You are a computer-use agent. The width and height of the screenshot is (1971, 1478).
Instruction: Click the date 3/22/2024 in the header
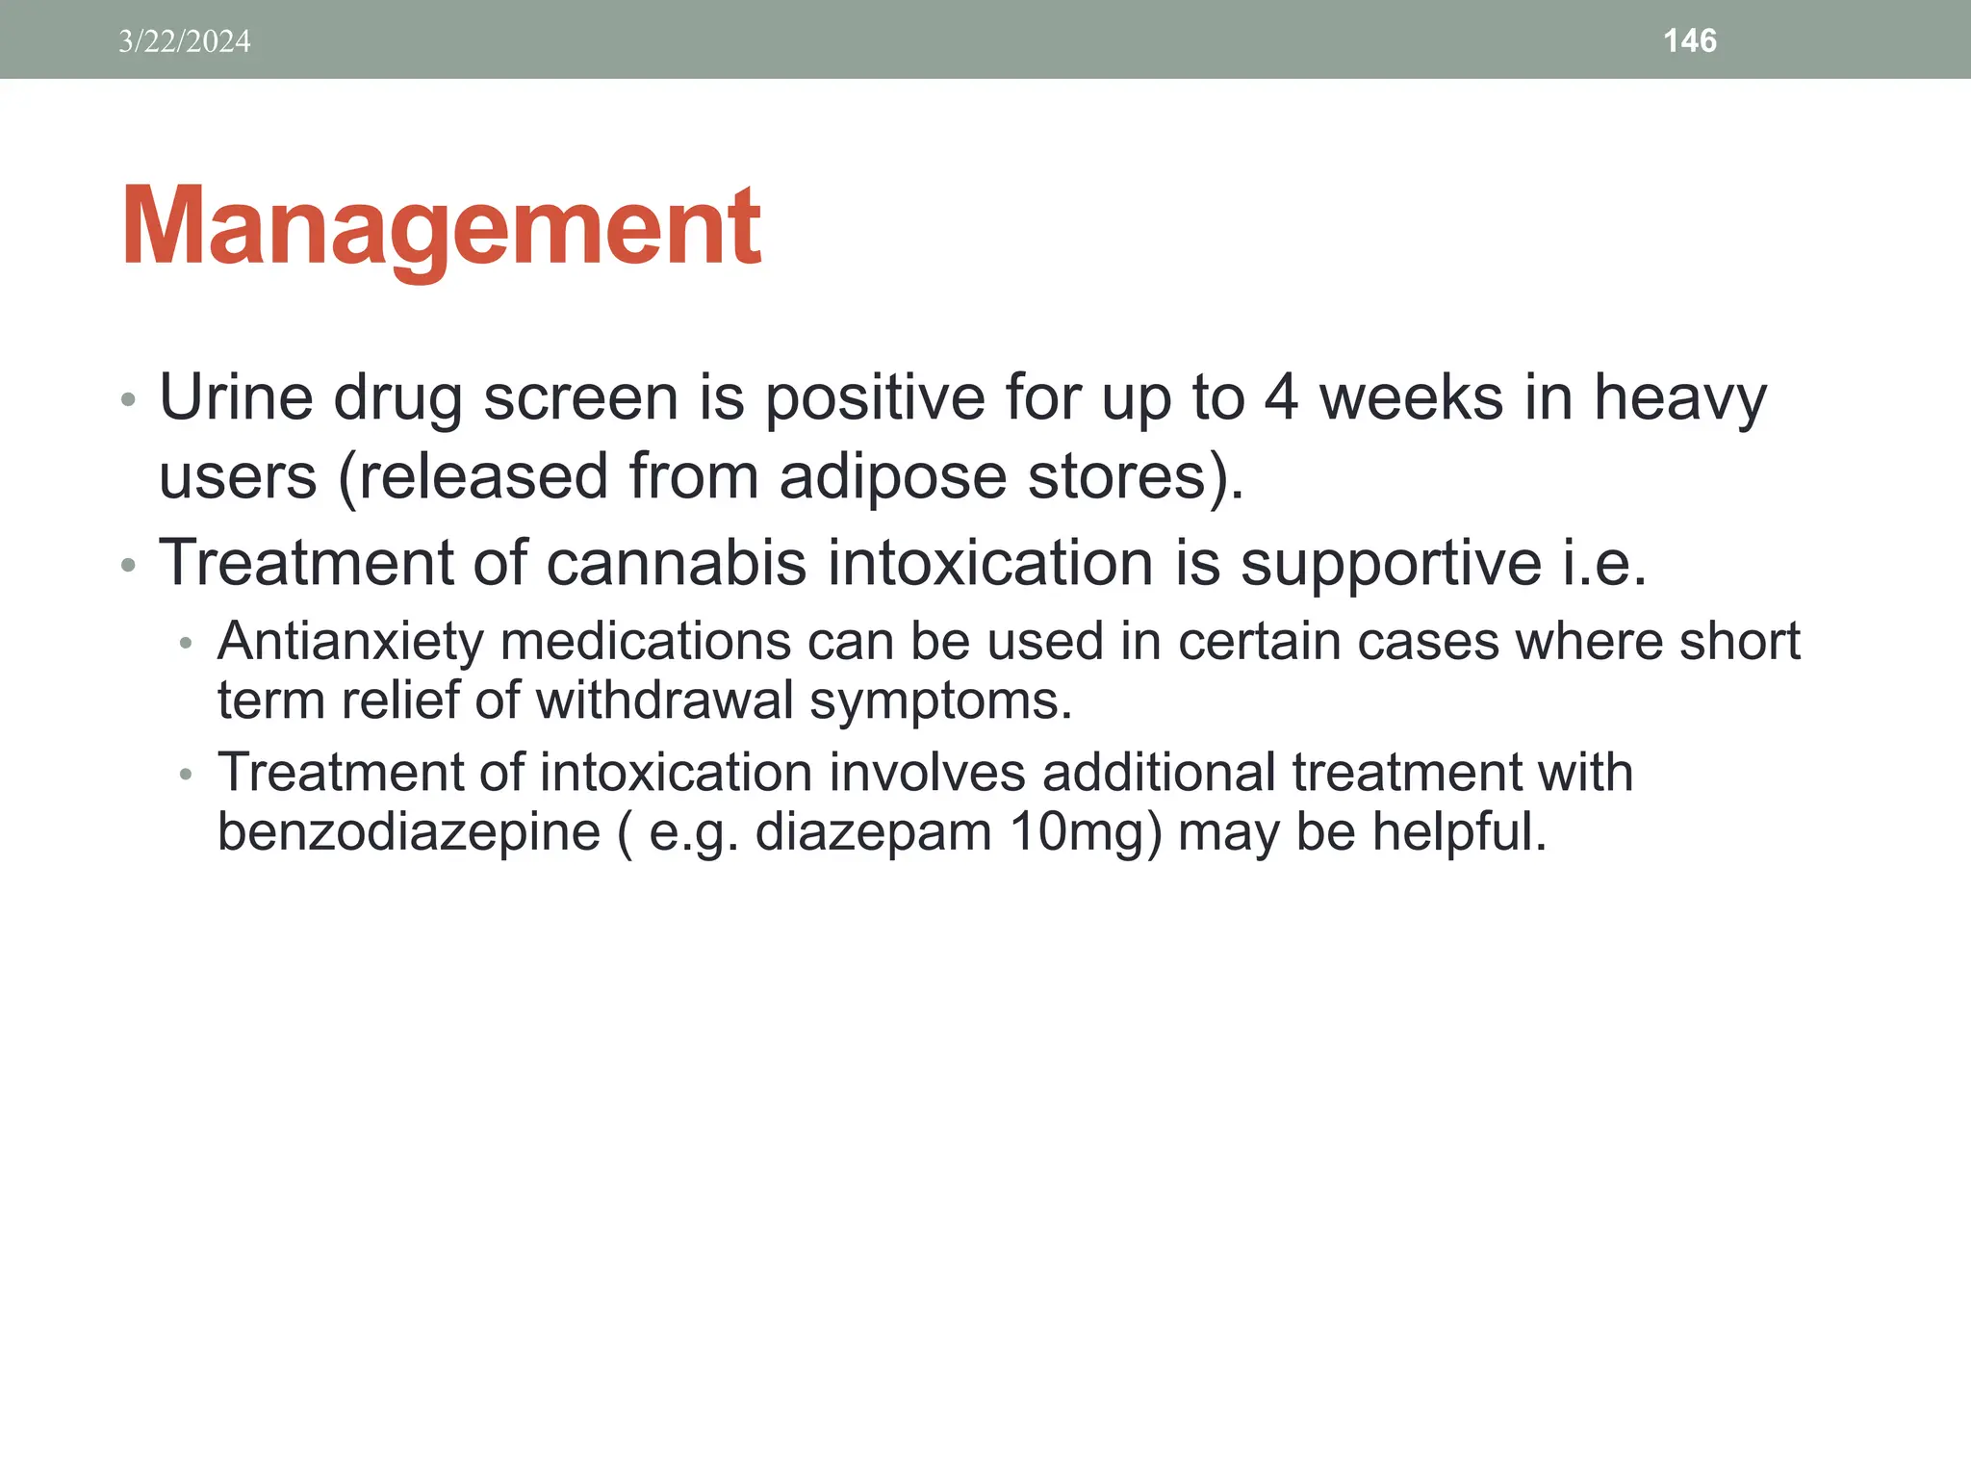coord(184,41)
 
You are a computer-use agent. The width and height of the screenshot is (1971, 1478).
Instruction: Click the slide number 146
coord(1689,40)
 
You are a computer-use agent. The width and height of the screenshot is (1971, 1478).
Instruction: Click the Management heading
coord(441,228)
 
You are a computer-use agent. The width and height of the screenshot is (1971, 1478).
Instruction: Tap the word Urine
coord(236,397)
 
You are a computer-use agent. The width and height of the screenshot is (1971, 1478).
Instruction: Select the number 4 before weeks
coord(1281,397)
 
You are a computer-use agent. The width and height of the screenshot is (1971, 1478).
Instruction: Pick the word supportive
coord(1391,564)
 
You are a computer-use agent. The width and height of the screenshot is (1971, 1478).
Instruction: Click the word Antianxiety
coord(350,642)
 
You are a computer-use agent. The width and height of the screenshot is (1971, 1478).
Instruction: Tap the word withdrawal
coord(664,701)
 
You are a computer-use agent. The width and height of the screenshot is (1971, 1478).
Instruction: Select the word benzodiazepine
coord(409,832)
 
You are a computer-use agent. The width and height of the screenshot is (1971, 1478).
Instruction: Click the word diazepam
coord(873,832)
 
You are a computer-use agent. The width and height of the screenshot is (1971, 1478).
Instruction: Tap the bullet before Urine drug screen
coord(128,399)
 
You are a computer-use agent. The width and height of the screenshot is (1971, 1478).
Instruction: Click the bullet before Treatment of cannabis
coord(128,565)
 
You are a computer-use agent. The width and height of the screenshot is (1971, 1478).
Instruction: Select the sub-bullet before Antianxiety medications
coord(186,643)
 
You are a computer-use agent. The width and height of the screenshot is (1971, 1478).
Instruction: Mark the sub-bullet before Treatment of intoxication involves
coord(186,774)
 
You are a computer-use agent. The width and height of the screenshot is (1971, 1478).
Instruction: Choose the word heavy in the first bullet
coord(1679,399)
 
